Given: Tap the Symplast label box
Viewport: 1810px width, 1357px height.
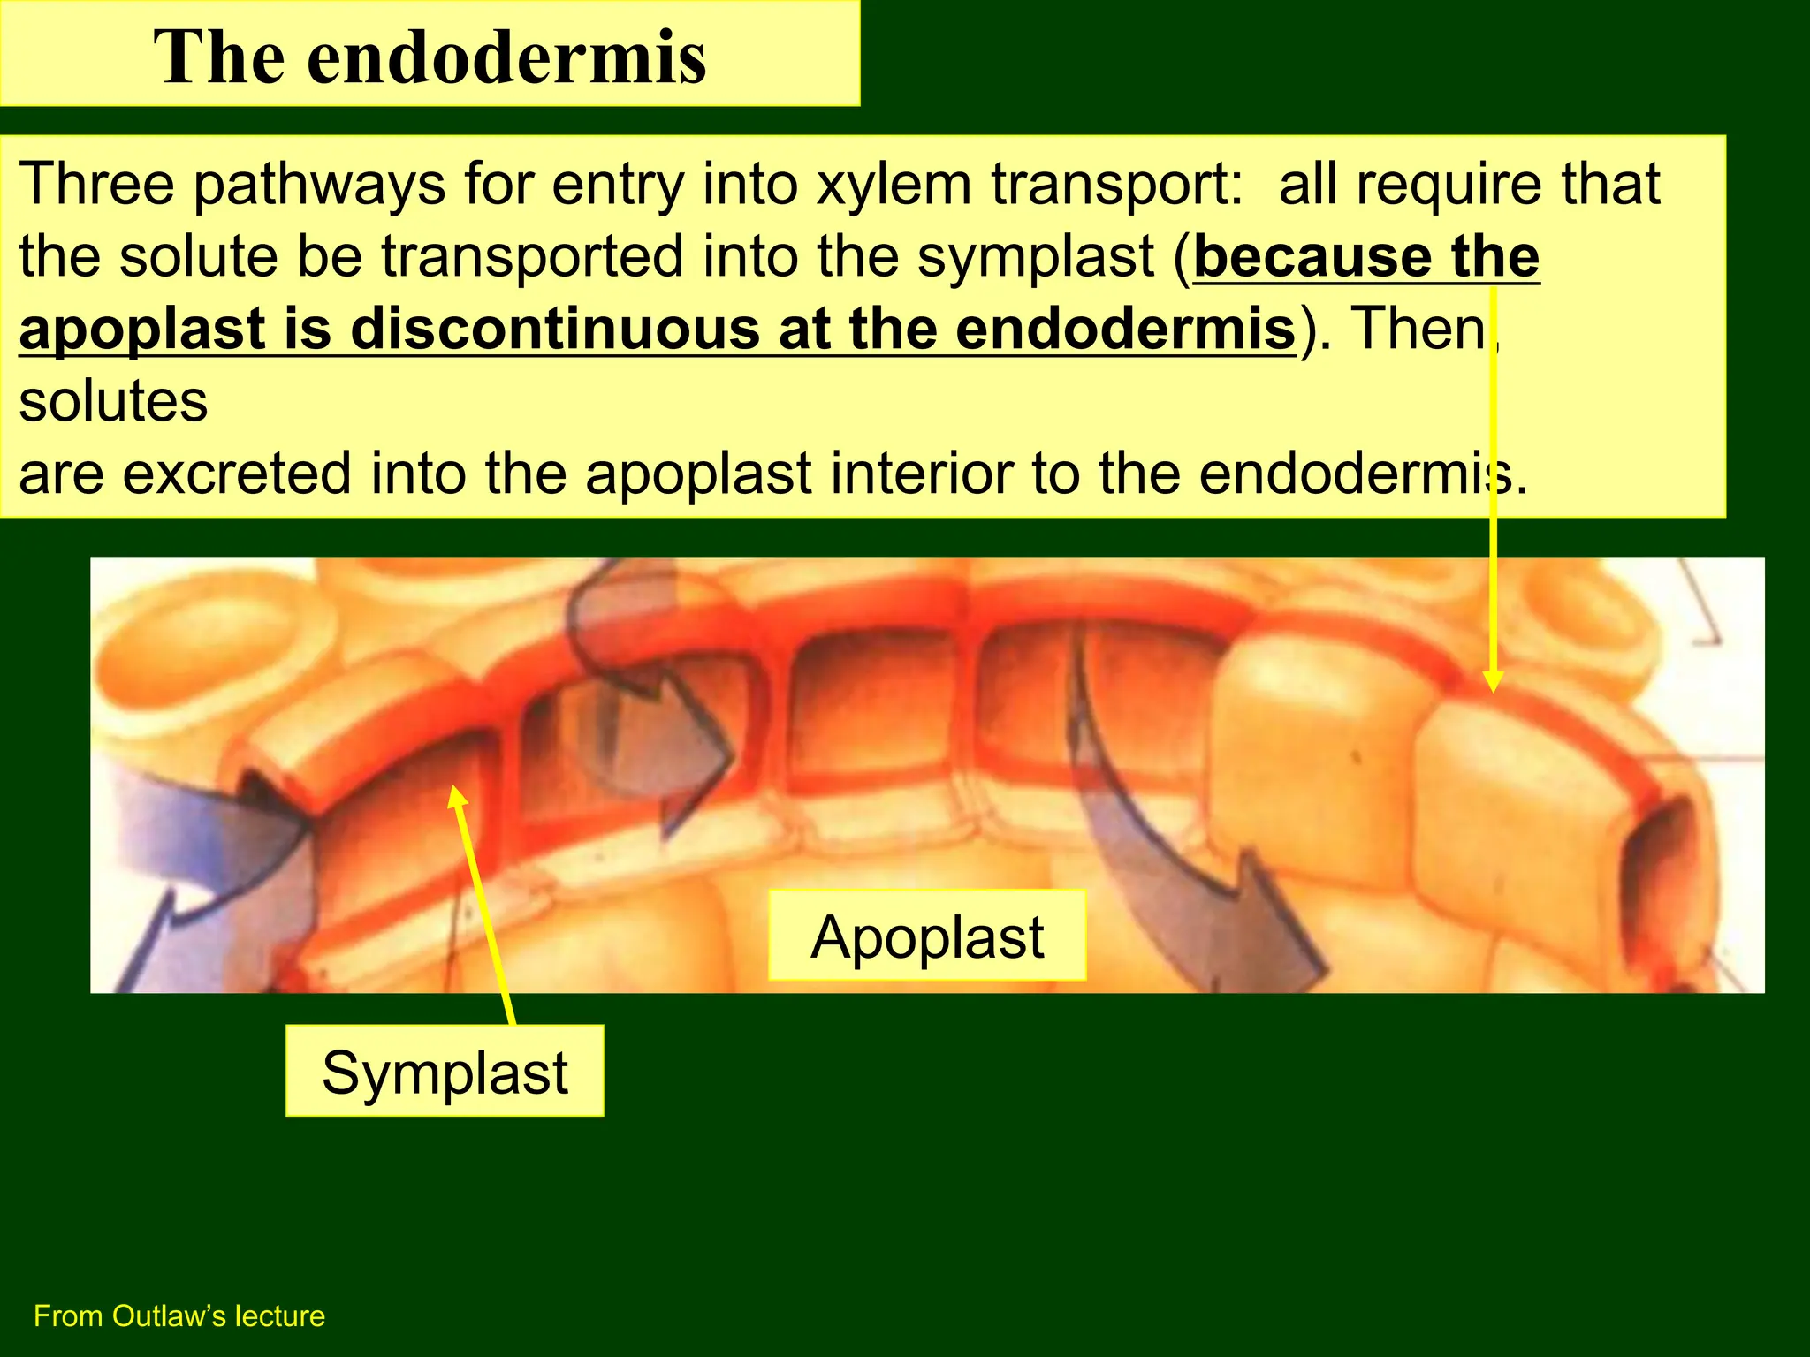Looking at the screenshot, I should [445, 1072].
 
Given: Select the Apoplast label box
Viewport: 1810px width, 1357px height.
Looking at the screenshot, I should [927, 936].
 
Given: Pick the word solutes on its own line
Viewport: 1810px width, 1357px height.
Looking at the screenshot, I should [113, 401].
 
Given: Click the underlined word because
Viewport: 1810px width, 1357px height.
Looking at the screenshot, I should [1312, 257].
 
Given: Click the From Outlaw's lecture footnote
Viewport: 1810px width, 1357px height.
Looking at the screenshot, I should [179, 1315].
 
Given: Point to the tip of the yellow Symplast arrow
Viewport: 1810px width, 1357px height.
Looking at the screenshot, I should [456, 792].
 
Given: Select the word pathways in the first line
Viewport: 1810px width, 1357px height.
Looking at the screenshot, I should [319, 186].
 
